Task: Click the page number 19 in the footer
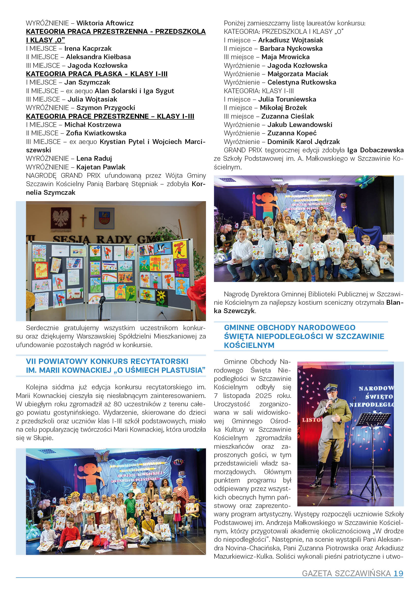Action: click(x=398, y=573)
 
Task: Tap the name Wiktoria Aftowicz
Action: click(x=105, y=23)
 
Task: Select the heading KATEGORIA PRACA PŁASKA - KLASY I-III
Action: click(x=97, y=74)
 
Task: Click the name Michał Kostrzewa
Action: click(x=93, y=125)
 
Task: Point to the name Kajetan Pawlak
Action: click(x=101, y=167)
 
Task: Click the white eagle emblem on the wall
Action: click(x=61, y=218)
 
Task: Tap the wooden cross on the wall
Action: click(x=83, y=220)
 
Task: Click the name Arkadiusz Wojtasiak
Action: click(x=291, y=40)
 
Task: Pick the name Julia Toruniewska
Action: click(x=287, y=99)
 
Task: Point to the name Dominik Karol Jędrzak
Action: click(x=303, y=142)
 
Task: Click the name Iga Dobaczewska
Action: click(x=375, y=150)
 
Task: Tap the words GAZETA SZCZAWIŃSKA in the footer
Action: click(x=346, y=573)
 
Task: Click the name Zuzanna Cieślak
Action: click(x=287, y=116)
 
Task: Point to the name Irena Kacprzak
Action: click(x=88, y=49)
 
